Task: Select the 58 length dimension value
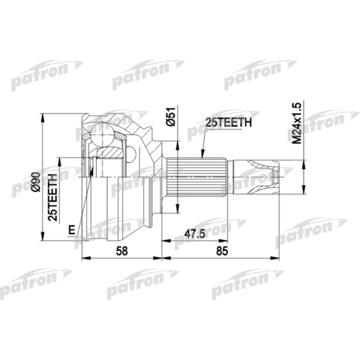pos(122,251)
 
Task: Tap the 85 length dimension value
pos(222,251)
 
